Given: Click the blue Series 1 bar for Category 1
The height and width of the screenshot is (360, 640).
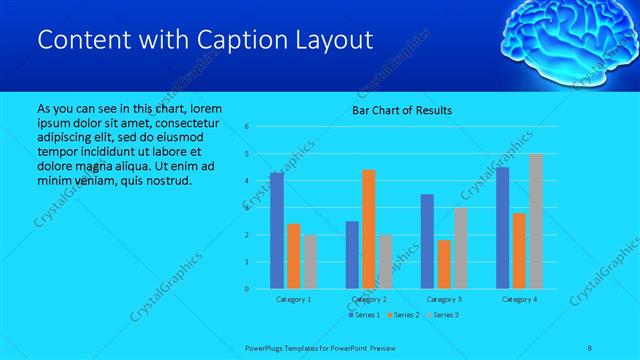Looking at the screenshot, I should [x=277, y=231].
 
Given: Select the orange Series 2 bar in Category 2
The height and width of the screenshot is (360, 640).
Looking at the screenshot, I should [x=369, y=229].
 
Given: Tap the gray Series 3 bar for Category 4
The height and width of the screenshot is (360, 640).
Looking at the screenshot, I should [x=536, y=221].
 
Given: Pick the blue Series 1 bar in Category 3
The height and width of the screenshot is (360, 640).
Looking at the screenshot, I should [x=427, y=241].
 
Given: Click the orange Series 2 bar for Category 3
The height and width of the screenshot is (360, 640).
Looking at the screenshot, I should [x=444, y=264].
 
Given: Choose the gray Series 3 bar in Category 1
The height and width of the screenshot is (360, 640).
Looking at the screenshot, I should [x=310, y=262].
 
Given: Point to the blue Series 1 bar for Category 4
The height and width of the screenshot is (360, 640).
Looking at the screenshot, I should [x=503, y=228].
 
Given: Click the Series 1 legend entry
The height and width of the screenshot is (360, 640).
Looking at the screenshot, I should [x=365, y=315].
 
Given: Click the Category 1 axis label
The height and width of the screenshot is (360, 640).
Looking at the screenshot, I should [x=293, y=299].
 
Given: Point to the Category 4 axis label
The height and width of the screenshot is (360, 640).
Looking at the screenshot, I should [x=519, y=299].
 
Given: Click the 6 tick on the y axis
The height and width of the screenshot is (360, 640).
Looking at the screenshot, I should [x=246, y=127].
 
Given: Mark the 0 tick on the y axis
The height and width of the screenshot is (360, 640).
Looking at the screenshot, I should [x=246, y=289].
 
